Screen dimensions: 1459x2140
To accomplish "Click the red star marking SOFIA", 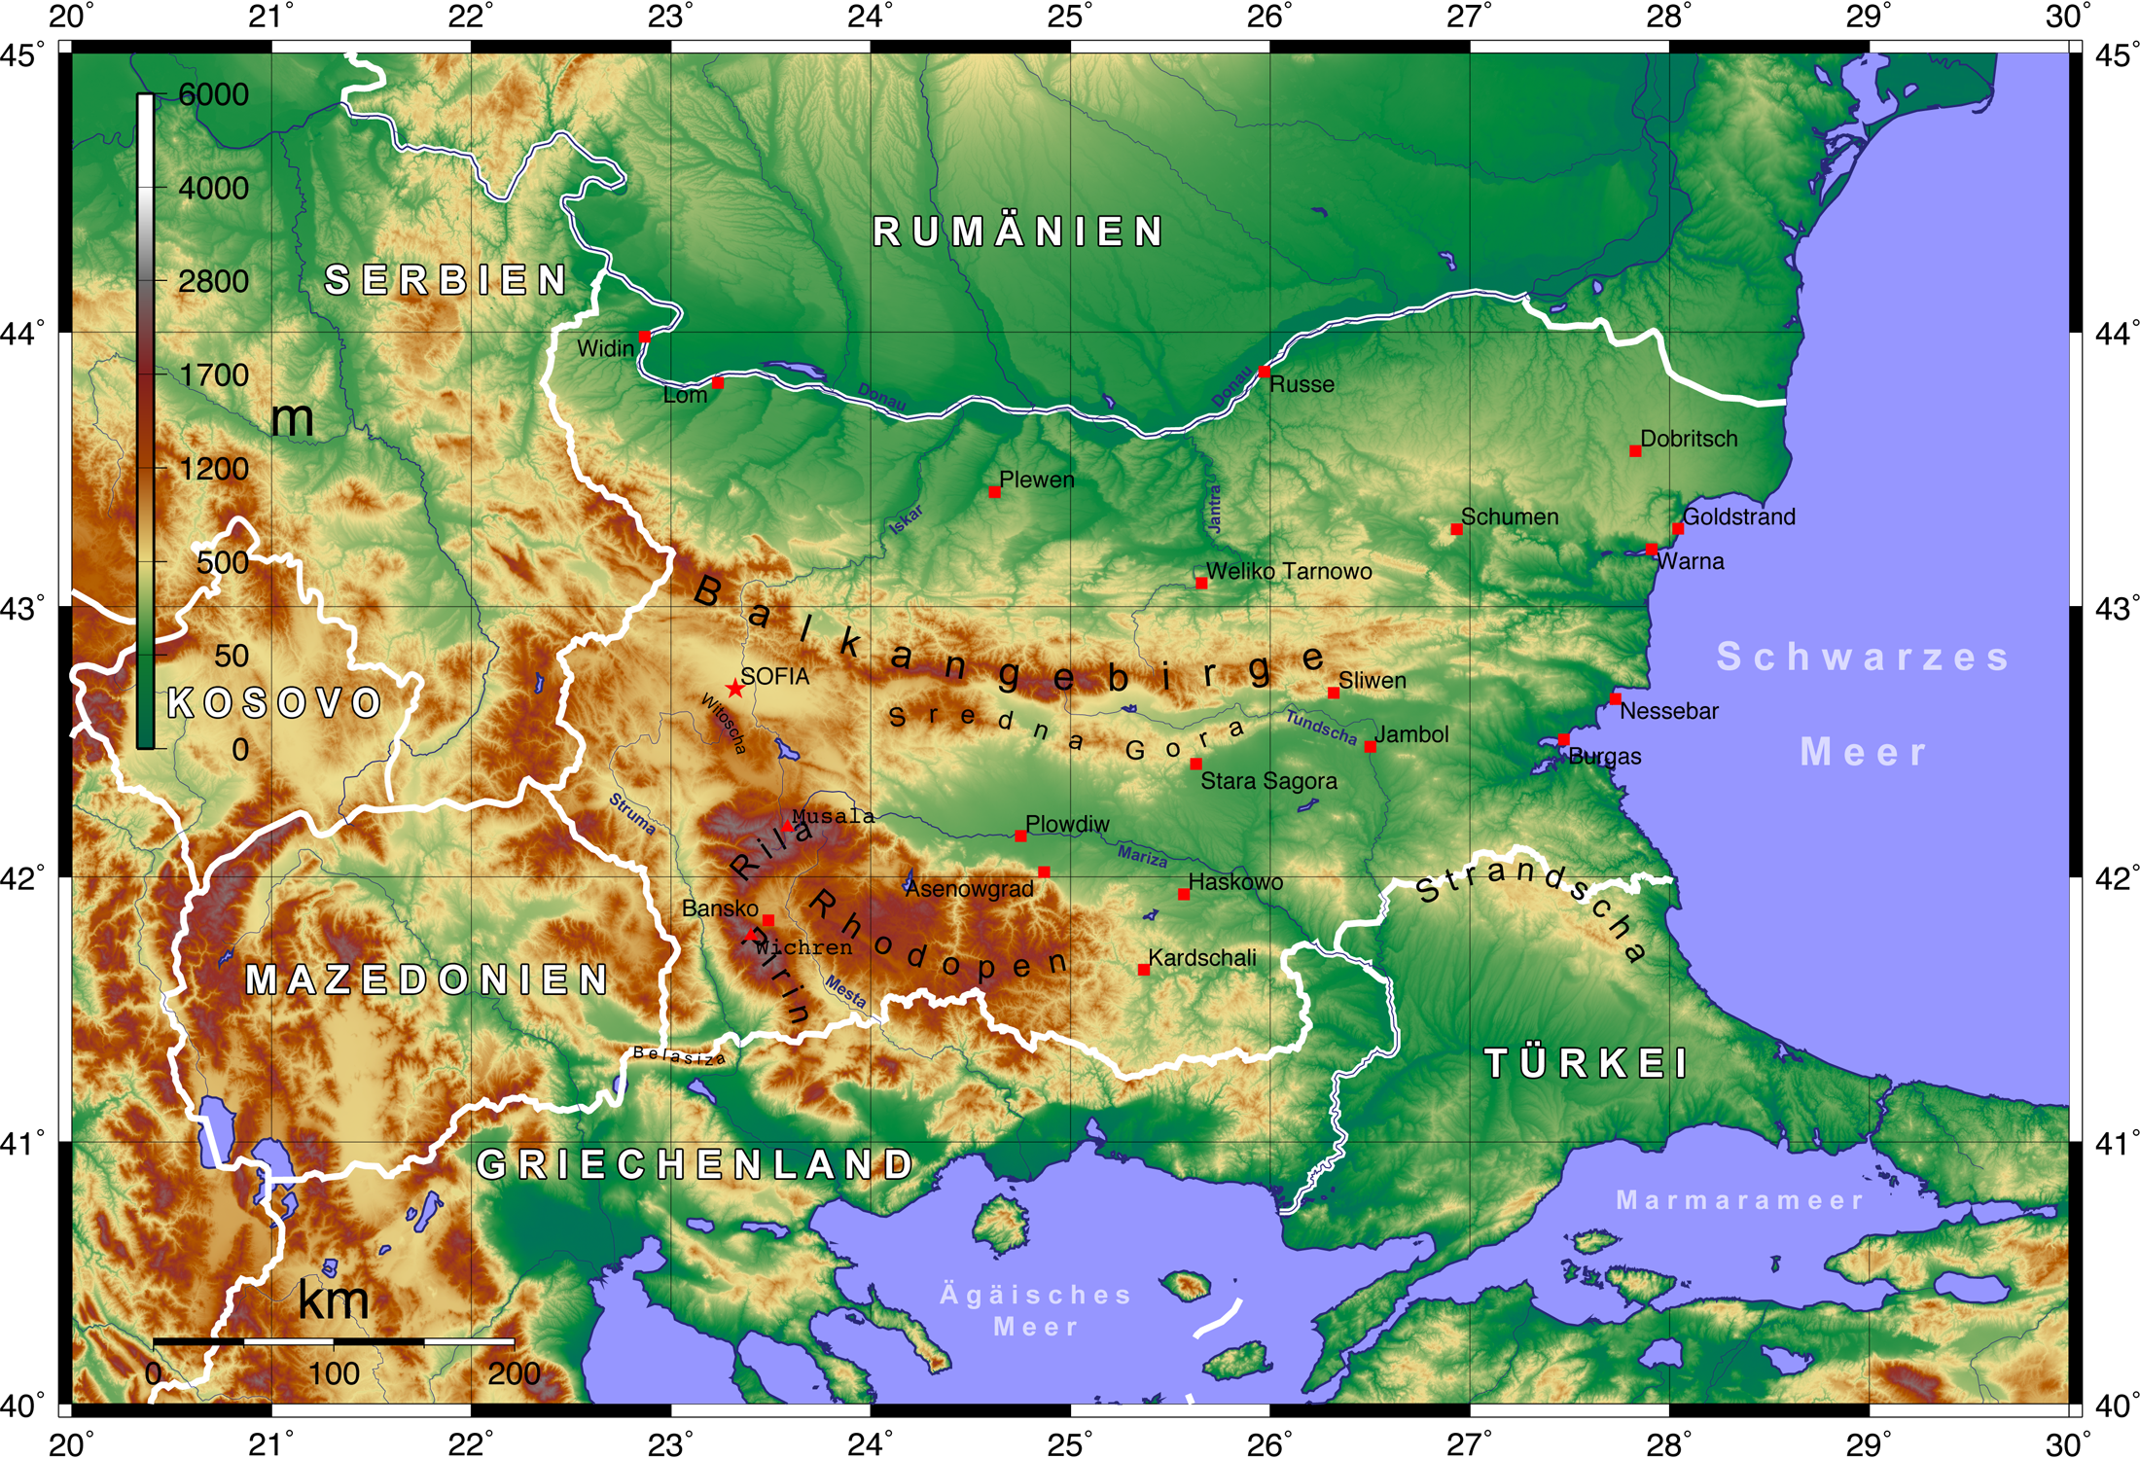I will point(735,689).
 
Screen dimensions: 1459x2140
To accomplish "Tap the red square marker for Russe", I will point(1264,372).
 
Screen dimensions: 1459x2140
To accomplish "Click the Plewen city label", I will point(1036,480).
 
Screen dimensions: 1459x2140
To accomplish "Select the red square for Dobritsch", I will point(1635,451).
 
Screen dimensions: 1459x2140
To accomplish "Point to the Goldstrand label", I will point(1738,516).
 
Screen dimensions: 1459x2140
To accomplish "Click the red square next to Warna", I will point(1652,550).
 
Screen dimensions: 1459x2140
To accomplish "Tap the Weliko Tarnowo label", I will point(1288,571).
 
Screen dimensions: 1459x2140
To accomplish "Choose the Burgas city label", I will point(1604,756).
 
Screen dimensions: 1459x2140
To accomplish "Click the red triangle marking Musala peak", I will point(787,827).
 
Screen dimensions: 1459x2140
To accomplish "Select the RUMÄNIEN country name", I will point(1017,231).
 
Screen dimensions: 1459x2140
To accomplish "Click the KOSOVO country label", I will point(274,702).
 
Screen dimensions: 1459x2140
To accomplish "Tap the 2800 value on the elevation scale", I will point(213,281).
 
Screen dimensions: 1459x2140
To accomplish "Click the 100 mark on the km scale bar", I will point(334,1373).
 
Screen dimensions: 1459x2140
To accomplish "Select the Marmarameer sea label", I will point(1739,1200).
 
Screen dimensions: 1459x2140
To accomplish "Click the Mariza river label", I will point(1142,856).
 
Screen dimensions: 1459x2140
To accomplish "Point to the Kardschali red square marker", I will point(1144,970).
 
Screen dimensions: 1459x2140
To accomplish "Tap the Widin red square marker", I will point(644,337).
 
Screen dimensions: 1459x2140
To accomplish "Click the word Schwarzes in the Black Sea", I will point(1862,657).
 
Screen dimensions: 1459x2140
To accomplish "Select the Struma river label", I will point(632,813).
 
